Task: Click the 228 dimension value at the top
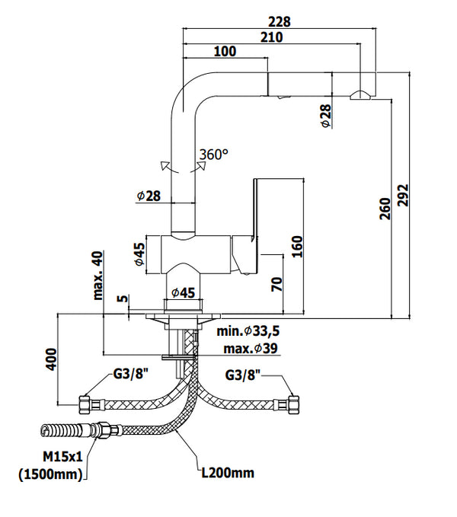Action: coord(280,22)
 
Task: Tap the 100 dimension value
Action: coord(225,51)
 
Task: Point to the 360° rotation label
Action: coord(213,154)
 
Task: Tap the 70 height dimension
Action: coord(278,284)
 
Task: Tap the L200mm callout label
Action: coord(226,473)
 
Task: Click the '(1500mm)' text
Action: coord(51,475)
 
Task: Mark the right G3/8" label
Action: coord(243,375)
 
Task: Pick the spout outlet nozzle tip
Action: coord(360,95)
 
